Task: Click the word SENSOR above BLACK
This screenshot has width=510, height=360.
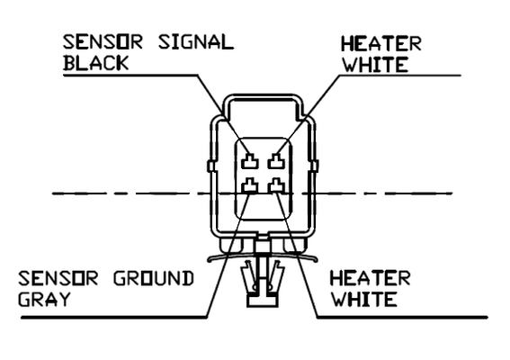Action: [x=103, y=42]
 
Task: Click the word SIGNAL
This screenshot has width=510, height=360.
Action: [x=196, y=42]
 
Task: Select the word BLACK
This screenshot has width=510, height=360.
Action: [x=96, y=63]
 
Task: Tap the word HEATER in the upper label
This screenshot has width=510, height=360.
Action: [x=380, y=44]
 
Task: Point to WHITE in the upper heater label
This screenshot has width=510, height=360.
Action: [x=375, y=64]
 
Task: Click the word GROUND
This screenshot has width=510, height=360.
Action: [x=153, y=279]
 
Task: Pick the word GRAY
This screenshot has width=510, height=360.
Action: [x=44, y=299]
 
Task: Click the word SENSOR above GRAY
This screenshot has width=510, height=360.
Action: [x=58, y=279]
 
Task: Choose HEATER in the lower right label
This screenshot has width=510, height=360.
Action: [x=370, y=279]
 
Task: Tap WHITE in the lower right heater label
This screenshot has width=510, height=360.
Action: [x=364, y=299]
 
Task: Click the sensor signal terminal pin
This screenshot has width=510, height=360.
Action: [x=250, y=161]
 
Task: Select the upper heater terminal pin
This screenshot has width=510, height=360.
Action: [x=276, y=161]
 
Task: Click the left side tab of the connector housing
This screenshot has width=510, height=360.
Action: [x=210, y=166]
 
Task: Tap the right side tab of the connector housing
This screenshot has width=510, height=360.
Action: [x=315, y=166]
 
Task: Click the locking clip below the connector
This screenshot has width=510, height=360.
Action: [x=263, y=280]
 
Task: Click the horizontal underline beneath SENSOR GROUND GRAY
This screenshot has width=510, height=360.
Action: [x=114, y=317]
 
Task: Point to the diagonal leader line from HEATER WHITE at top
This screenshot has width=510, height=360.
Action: [x=309, y=115]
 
